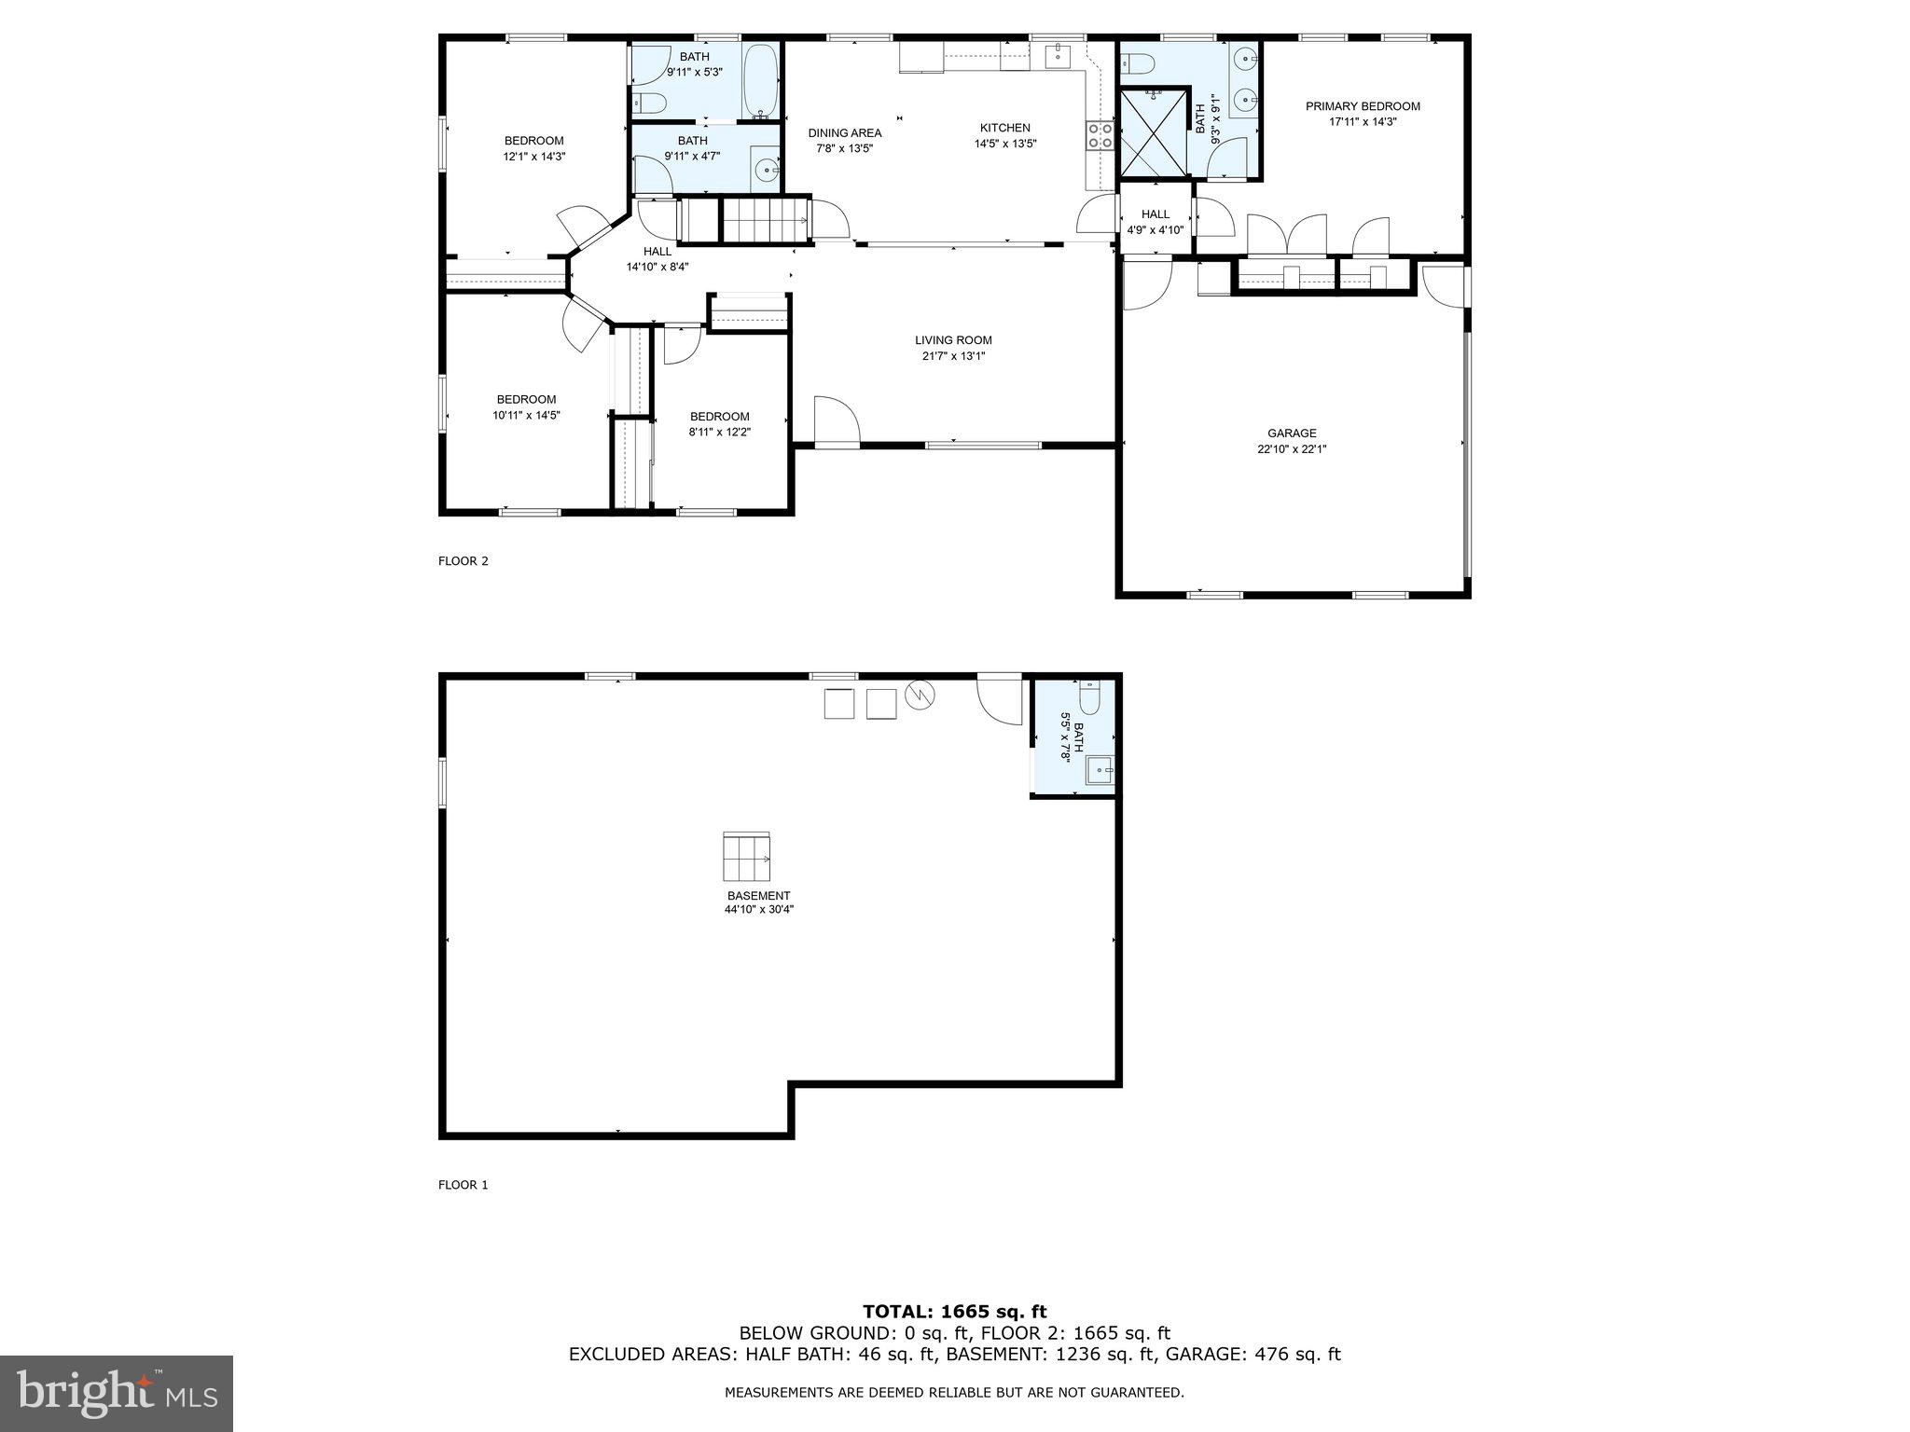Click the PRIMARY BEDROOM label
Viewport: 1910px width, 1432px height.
click(x=1363, y=106)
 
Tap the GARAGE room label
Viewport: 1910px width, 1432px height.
click(x=1292, y=433)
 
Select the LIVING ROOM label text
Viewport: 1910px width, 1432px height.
click(x=953, y=340)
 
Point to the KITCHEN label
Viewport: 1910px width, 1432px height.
click(x=1004, y=128)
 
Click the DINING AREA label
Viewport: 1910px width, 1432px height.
click(x=844, y=132)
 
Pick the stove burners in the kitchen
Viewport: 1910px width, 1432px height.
click(x=1100, y=136)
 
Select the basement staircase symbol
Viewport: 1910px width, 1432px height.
click(x=747, y=857)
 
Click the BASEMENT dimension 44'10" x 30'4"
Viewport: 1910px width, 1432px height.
click(x=758, y=909)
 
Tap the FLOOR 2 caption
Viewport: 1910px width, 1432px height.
click(x=464, y=561)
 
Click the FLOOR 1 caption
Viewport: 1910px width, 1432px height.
click(x=464, y=1185)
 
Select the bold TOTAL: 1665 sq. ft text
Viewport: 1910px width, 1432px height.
click(x=954, y=1312)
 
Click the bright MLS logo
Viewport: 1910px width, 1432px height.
click(x=117, y=1394)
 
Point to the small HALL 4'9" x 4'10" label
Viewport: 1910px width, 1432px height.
click(x=1155, y=222)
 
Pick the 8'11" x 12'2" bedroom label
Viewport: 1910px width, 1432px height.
click(x=719, y=424)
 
